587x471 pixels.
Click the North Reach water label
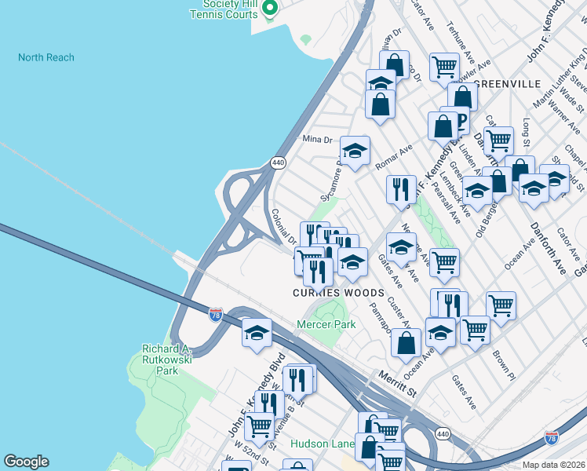click(x=46, y=57)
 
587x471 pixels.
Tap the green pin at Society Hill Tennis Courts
click(x=271, y=9)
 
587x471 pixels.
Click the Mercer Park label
click(x=326, y=324)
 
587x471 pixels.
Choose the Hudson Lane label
click(x=322, y=444)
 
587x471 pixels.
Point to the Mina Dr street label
click(x=318, y=139)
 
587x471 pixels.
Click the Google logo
click(x=26, y=462)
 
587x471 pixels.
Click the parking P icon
click(x=461, y=120)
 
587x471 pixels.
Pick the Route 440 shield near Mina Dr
click(x=278, y=162)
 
